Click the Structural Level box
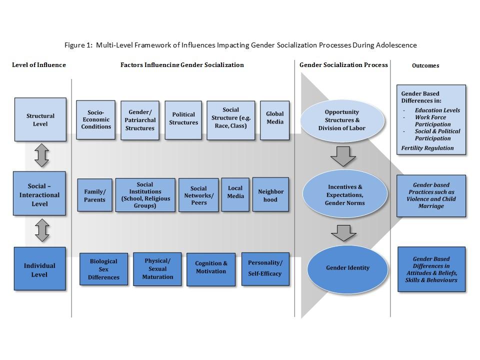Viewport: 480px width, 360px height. point(40,119)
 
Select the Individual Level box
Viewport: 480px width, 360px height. point(40,269)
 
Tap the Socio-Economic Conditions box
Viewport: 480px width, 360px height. point(96,119)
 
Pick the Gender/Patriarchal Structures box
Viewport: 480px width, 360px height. point(140,120)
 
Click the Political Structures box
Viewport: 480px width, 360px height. point(183,120)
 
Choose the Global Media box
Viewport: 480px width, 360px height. point(274,120)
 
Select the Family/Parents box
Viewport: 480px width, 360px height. point(94,195)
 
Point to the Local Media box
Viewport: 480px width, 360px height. point(235,194)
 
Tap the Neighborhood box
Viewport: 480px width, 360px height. point(270,194)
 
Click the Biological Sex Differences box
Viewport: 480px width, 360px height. point(104,269)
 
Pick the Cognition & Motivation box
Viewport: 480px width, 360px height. point(211,269)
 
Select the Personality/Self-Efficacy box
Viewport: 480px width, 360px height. point(265,269)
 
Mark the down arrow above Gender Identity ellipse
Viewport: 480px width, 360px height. point(343,233)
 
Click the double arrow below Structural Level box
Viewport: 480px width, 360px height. point(41,155)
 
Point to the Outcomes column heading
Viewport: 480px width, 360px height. point(425,65)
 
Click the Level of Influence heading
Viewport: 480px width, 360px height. point(39,65)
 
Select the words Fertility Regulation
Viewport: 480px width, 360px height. point(427,148)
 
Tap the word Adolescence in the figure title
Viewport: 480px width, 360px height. point(396,45)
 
